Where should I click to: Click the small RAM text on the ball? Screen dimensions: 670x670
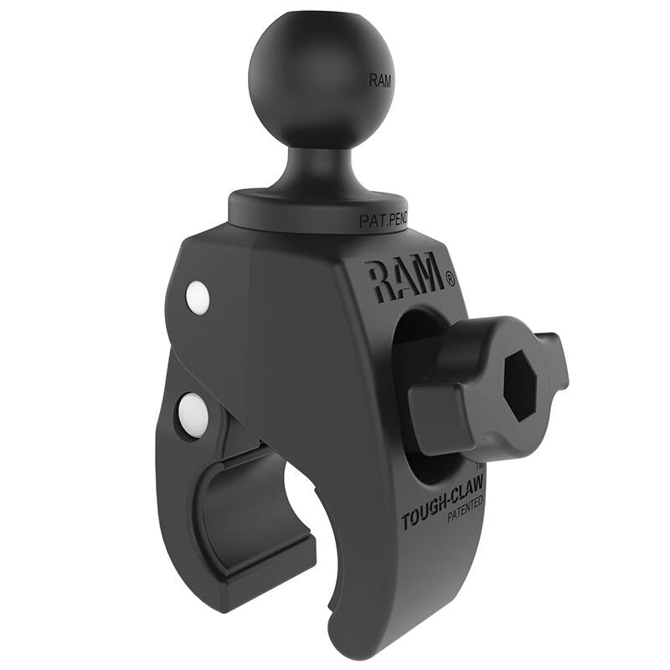point(379,81)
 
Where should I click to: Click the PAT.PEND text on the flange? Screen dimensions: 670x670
point(384,222)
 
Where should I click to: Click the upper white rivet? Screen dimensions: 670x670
point(198,296)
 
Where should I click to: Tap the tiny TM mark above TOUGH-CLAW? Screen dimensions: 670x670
point(479,465)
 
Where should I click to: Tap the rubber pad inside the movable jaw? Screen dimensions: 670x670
point(234,502)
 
